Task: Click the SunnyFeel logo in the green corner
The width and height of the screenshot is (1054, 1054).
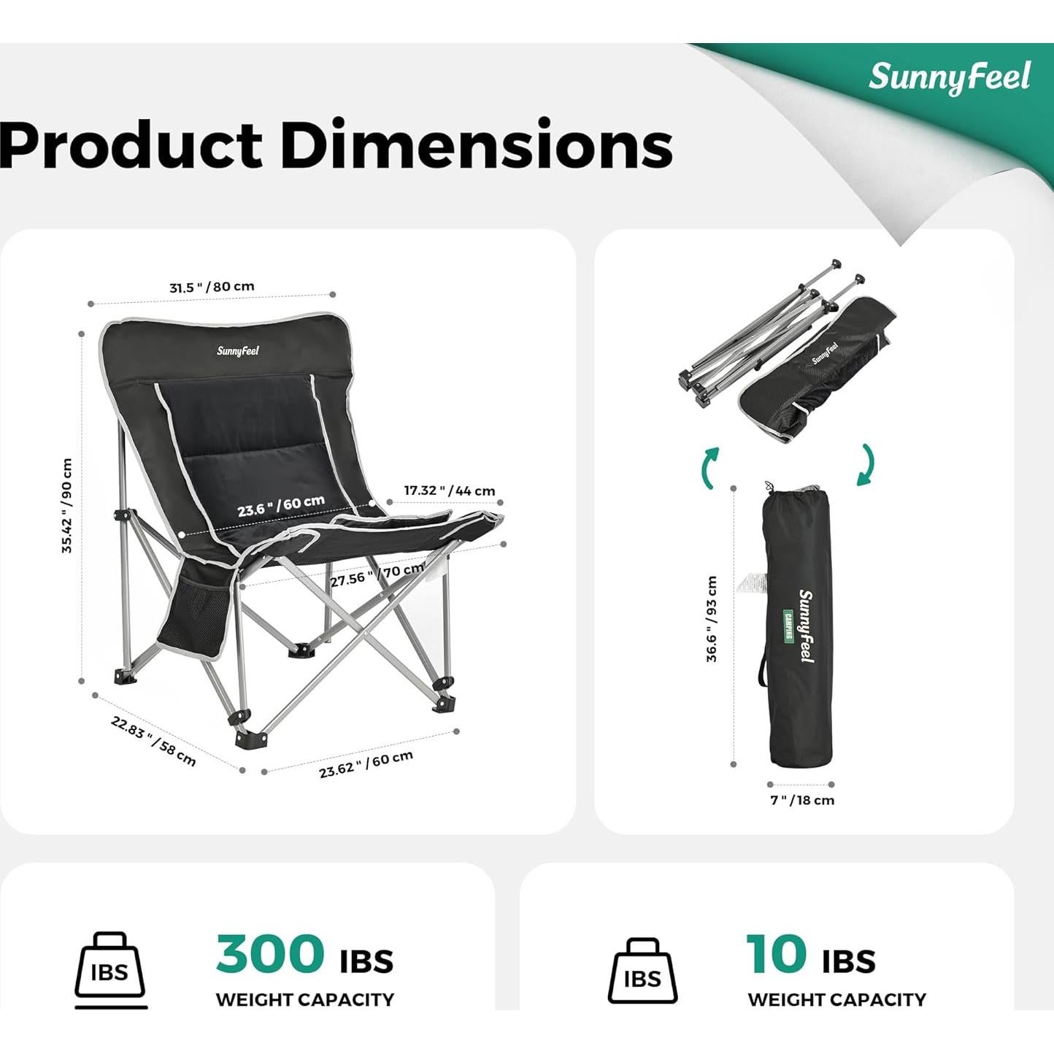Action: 949,77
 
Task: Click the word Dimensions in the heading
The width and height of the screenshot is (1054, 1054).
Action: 476,144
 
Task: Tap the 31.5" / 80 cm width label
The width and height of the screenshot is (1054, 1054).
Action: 212,287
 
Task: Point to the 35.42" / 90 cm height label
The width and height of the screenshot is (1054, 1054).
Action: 67,505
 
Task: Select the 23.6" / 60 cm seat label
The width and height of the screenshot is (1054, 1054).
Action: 280,505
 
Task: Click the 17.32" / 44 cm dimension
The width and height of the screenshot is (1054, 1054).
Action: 450,491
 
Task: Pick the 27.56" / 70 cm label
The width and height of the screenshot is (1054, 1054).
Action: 377,574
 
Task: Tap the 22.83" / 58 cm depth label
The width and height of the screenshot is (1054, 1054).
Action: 153,741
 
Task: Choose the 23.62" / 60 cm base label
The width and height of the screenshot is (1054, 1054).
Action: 366,763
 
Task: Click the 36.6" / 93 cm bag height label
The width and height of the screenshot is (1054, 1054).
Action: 712,618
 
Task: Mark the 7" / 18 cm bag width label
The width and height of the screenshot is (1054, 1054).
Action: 802,800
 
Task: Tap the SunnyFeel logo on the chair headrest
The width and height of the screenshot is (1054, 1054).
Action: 238,351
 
